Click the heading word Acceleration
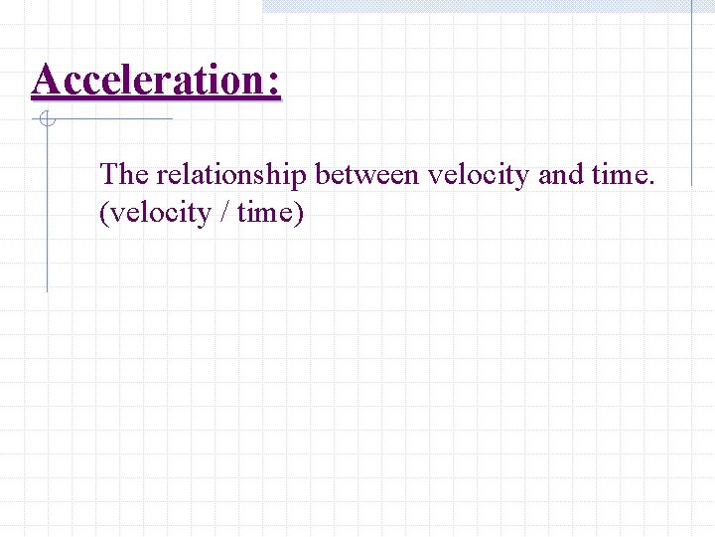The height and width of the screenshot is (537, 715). [x=147, y=80]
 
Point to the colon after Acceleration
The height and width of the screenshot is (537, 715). [x=273, y=83]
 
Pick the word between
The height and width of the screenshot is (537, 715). [x=368, y=175]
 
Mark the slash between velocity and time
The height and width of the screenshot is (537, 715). [x=224, y=213]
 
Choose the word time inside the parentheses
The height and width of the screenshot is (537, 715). [x=263, y=213]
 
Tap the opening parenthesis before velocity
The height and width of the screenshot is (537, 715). [x=104, y=214]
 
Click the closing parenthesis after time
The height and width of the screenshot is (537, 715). [x=297, y=214]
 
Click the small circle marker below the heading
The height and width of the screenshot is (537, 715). [x=46, y=120]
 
